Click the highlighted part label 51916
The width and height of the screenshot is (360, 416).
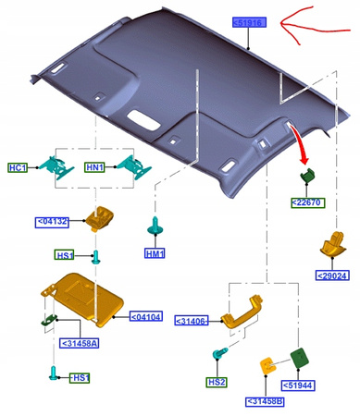point(249,22)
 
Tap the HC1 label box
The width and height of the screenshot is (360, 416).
point(18,167)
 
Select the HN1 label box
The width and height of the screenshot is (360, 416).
point(94,167)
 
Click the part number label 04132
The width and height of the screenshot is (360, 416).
point(52,222)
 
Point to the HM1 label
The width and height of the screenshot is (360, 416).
point(155,253)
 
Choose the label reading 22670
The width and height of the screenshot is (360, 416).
point(308,202)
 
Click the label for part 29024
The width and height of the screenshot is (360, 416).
point(332,275)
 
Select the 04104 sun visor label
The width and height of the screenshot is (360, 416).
point(146,316)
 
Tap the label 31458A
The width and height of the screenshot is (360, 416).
point(80,343)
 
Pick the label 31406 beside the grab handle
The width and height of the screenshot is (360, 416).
point(192,321)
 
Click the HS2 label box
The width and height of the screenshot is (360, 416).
point(217,383)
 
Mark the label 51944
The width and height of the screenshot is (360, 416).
point(298,385)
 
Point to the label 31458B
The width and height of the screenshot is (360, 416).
point(265,401)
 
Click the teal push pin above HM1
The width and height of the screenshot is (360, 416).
point(155,226)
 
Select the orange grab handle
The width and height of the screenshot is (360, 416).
point(242,312)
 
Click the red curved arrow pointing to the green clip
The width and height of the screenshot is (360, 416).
point(300,142)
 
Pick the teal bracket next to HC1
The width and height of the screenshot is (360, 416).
point(57,168)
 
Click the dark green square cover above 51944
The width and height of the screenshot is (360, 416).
point(300,359)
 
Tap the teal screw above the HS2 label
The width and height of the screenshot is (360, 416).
point(220,353)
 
